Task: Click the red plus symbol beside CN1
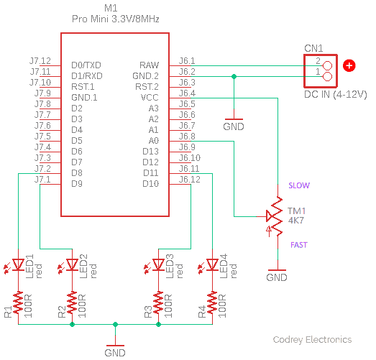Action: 349,65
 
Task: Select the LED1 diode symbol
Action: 18,265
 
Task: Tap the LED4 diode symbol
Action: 212,265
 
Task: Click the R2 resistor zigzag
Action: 72,303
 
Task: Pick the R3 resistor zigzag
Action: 158,303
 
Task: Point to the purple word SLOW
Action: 299,185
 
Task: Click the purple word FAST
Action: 299,245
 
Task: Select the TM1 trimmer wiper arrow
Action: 270,216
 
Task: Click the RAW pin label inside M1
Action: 149,65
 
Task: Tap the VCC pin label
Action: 150,98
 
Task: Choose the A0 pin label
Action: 153,140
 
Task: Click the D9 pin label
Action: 77,184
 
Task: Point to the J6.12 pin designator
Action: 190,179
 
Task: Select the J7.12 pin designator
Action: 40,61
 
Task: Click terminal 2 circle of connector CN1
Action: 327,65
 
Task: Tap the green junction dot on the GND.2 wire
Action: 234,76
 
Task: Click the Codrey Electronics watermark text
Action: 312,340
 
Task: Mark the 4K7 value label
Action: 296,221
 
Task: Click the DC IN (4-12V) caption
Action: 336,94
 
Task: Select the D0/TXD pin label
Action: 86,65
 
